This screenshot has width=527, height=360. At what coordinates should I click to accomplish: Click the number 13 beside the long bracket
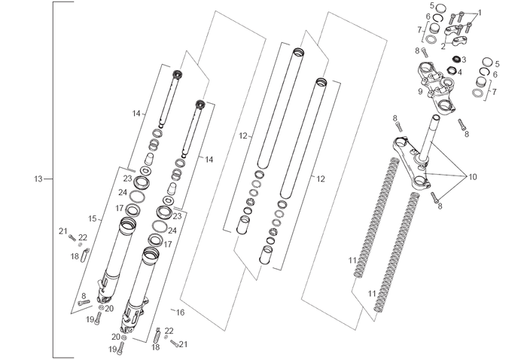pos(38,179)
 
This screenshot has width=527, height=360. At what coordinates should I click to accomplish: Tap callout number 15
pos(93,218)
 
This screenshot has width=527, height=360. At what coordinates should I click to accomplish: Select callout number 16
pos(179,311)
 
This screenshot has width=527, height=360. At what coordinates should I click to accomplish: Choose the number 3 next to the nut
pos(464,59)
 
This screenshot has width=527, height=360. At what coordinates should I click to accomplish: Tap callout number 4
pos(460,72)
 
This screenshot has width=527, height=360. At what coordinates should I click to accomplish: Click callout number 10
pos(472,177)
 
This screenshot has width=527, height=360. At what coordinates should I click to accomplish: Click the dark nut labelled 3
pos(455,59)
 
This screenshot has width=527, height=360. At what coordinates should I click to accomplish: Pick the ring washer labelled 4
pos(451,72)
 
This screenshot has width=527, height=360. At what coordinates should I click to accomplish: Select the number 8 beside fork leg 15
pos(84,296)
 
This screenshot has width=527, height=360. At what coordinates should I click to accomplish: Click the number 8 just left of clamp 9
pos(416,50)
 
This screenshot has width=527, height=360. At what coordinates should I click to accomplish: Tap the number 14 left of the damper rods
pos(136,113)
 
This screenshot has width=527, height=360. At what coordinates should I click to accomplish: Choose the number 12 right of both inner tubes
pos(321,178)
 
